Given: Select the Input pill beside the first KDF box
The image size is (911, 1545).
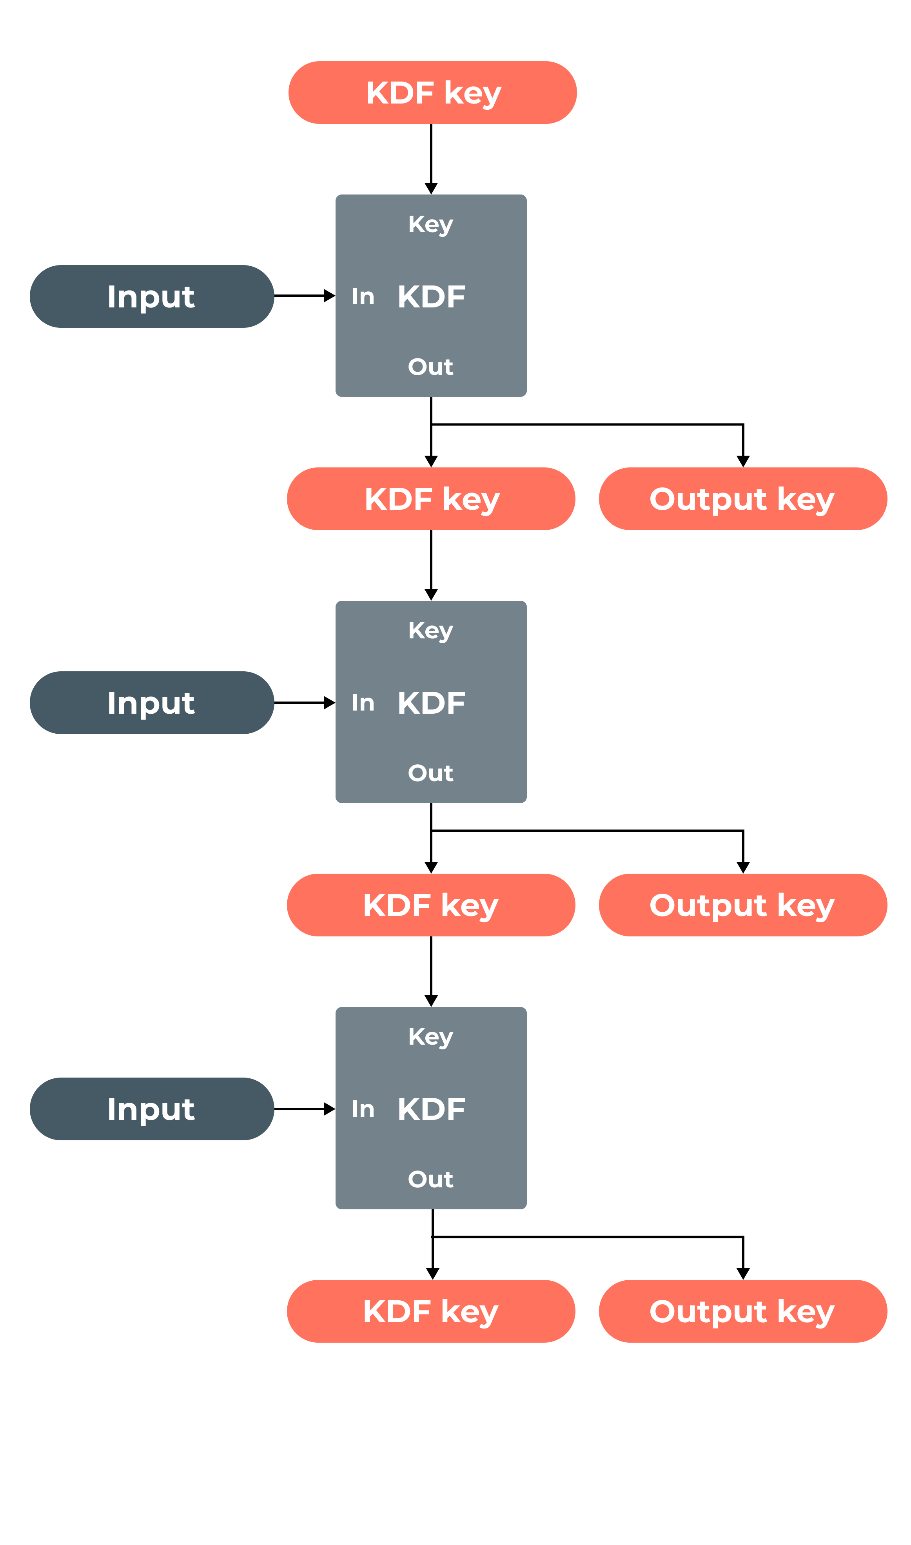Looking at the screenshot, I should (152, 296).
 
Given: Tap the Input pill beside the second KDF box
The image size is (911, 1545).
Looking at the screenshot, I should (152, 702).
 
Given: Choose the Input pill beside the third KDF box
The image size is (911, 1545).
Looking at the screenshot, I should (152, 1109).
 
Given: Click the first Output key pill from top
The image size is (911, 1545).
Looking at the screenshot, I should (743, 499).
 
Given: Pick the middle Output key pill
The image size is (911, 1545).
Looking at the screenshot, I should (743, 905).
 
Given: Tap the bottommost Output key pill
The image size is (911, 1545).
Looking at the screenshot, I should (743, 1312).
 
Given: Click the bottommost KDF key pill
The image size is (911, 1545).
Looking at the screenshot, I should (431, 1312).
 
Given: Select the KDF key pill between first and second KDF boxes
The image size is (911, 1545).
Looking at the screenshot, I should (431, 499).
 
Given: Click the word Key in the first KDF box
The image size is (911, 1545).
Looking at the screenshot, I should (430, 224).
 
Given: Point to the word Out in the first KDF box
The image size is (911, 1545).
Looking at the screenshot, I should (430, 367).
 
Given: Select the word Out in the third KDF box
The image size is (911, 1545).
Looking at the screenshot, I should (430, 1180).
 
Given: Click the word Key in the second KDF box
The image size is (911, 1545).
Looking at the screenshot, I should (430, 631).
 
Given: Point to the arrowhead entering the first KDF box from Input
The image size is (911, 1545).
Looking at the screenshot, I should (330, 296).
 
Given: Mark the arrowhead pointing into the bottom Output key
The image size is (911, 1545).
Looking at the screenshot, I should (743, 1274).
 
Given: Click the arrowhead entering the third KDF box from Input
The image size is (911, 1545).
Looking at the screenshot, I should (330, 1109).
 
